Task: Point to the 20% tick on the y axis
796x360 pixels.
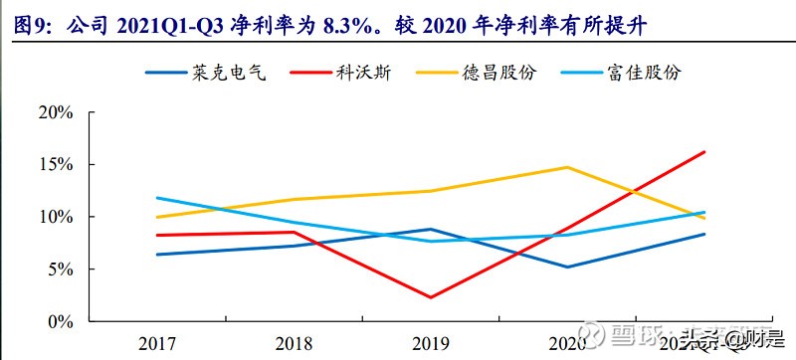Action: pyautogui.click(x=55, y=112)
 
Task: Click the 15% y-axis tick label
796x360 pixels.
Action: pyautogui.click(x=55, y=164)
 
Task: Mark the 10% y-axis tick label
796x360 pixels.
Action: pyautogui.click(x=55, y=217)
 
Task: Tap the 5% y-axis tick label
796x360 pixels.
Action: pyautogui.click(x=59, y=270)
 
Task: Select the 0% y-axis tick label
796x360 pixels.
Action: pyautogui.click(x=59, y=322)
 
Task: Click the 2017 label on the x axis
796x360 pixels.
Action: pyautogui.click(x=157, y=343)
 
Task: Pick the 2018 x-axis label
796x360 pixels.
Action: pyautogui.click(x=294, y=343)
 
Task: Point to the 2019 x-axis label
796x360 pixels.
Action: pyautogui.click(x=430, y=343)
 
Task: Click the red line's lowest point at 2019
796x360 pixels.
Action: pyautogui.click(x=430, y=297)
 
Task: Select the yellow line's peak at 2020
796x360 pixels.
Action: pyautogui.click(x=566, y=167)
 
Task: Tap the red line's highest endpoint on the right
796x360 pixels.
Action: pyautogui.click(x=702, y=151)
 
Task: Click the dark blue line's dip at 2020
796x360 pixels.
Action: pyautogui.click(x=566, y=267)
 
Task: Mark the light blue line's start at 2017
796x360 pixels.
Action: pyautogui.click(x=157, y=198)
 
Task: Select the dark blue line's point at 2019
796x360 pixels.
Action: pyautogui.click(x=430, y=229)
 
